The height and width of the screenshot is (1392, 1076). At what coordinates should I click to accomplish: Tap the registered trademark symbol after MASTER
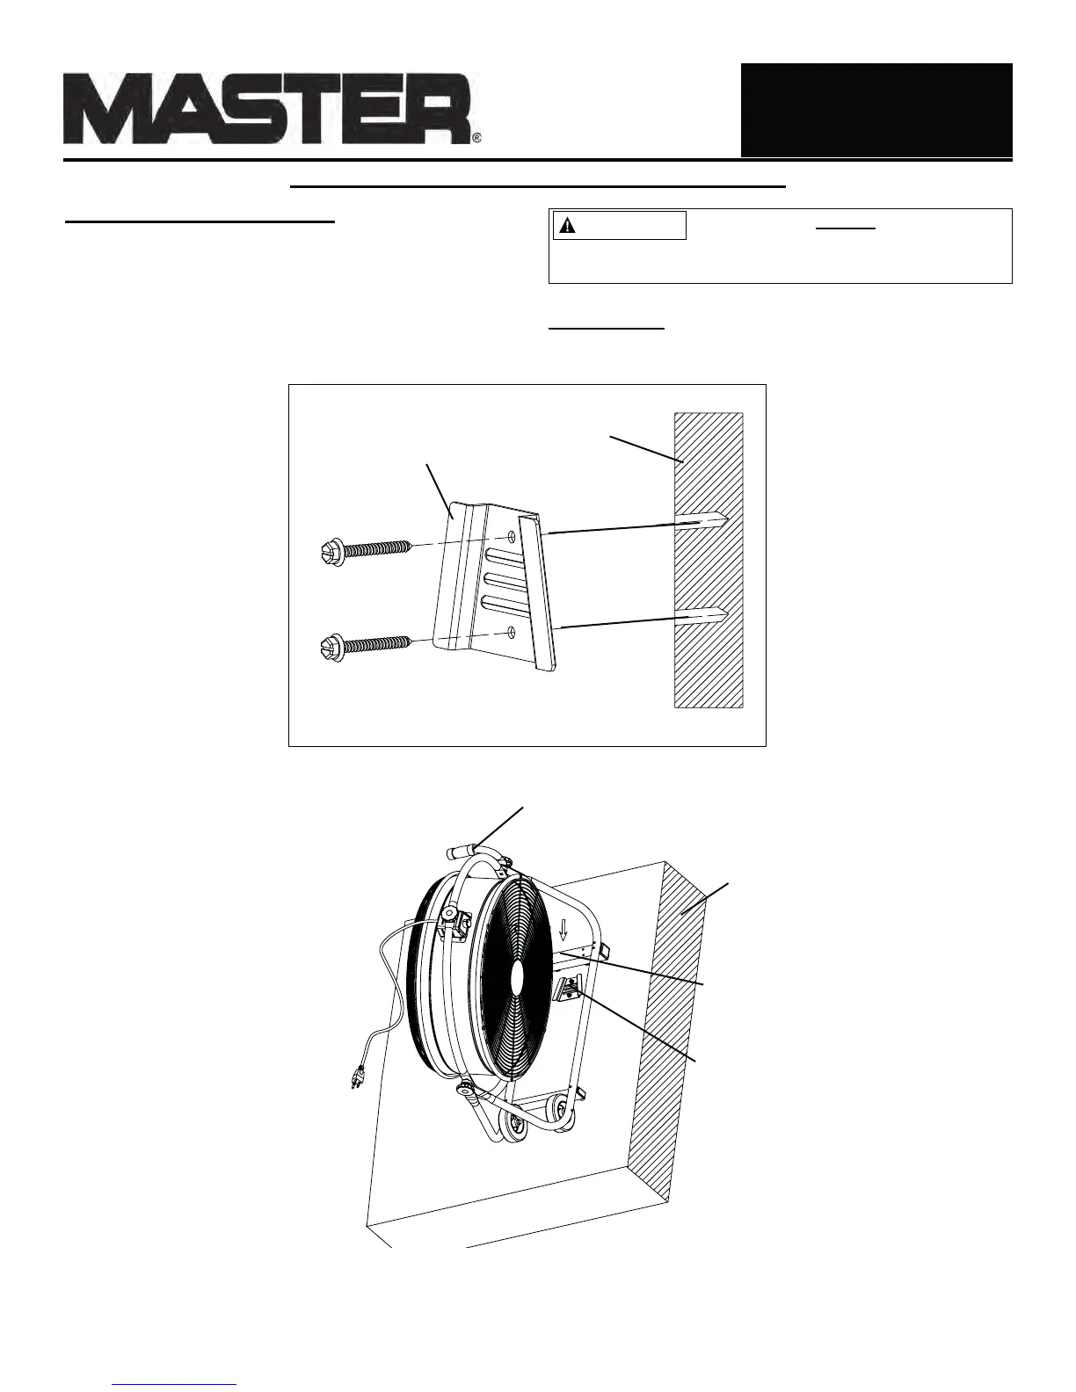[476, 138]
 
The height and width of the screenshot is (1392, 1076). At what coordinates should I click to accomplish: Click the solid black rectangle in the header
[876, 110]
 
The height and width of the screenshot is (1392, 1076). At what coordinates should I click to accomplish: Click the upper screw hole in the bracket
[512, 536]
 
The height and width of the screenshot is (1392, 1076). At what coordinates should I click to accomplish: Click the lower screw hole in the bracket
[511, 630]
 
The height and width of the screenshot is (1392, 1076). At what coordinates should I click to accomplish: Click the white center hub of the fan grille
[517, 977]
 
